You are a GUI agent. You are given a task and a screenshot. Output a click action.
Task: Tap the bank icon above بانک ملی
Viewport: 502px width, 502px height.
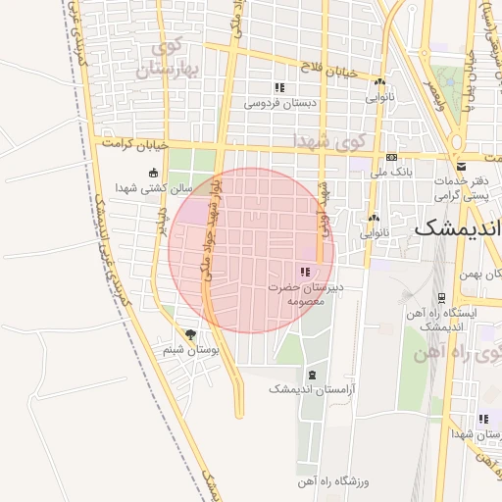tap(391, 158)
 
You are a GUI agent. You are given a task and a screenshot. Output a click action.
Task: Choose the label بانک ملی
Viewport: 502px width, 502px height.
tap(391, 172)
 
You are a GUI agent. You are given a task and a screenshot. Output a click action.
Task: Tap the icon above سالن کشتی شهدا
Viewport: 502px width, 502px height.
tap(152, 173)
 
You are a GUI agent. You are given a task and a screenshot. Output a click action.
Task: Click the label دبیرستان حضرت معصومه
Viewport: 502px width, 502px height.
tap(303, 294)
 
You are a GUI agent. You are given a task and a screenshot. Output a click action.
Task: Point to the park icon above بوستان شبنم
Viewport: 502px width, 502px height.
tap(190, 334)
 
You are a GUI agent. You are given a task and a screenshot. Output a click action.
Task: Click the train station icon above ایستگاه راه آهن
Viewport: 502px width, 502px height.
tap(443, 298)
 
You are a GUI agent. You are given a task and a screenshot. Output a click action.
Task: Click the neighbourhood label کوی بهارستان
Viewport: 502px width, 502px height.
tap(176, 59)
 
